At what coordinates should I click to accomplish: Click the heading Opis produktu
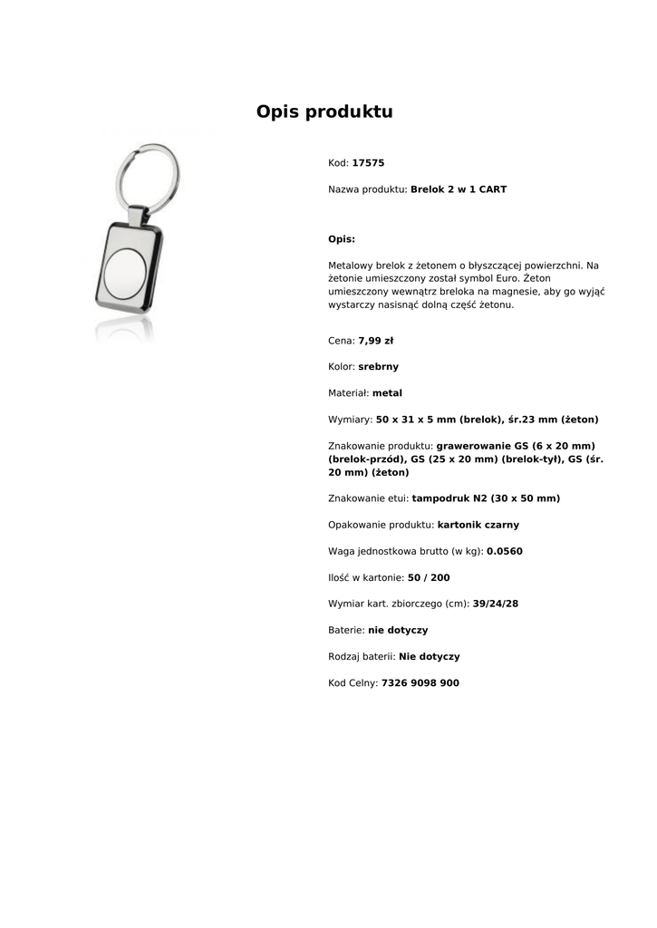[x=324, y=112]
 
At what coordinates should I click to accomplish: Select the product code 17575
[x=368, y=163]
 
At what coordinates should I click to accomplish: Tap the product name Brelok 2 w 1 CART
[x=459, y=189]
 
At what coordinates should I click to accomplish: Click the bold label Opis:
[x=341, y=239]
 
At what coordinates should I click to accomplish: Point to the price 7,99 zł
[x=375, y=341]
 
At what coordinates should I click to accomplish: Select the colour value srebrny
[x=378, y=367]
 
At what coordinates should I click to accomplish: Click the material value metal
[x=387, y=393]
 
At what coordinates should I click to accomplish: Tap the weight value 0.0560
[x=504, y=551]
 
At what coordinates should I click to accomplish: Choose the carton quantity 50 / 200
[x=429, y=577]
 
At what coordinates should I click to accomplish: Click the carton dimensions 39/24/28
[x=495, y=604]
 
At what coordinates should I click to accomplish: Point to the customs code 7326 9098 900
[x=420, y=683]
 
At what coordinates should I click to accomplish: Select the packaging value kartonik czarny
[x=478, y=525]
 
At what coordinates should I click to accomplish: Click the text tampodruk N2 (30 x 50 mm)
[x=486, y=498]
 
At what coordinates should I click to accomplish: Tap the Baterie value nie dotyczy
[x=398, y=630]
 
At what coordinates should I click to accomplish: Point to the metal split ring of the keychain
[x=146, y=172]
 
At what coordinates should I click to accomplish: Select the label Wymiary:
[x=350, y=420]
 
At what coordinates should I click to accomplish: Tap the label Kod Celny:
[x=353, y=683]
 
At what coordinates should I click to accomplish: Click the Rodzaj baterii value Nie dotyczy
[x=429, y=656]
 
